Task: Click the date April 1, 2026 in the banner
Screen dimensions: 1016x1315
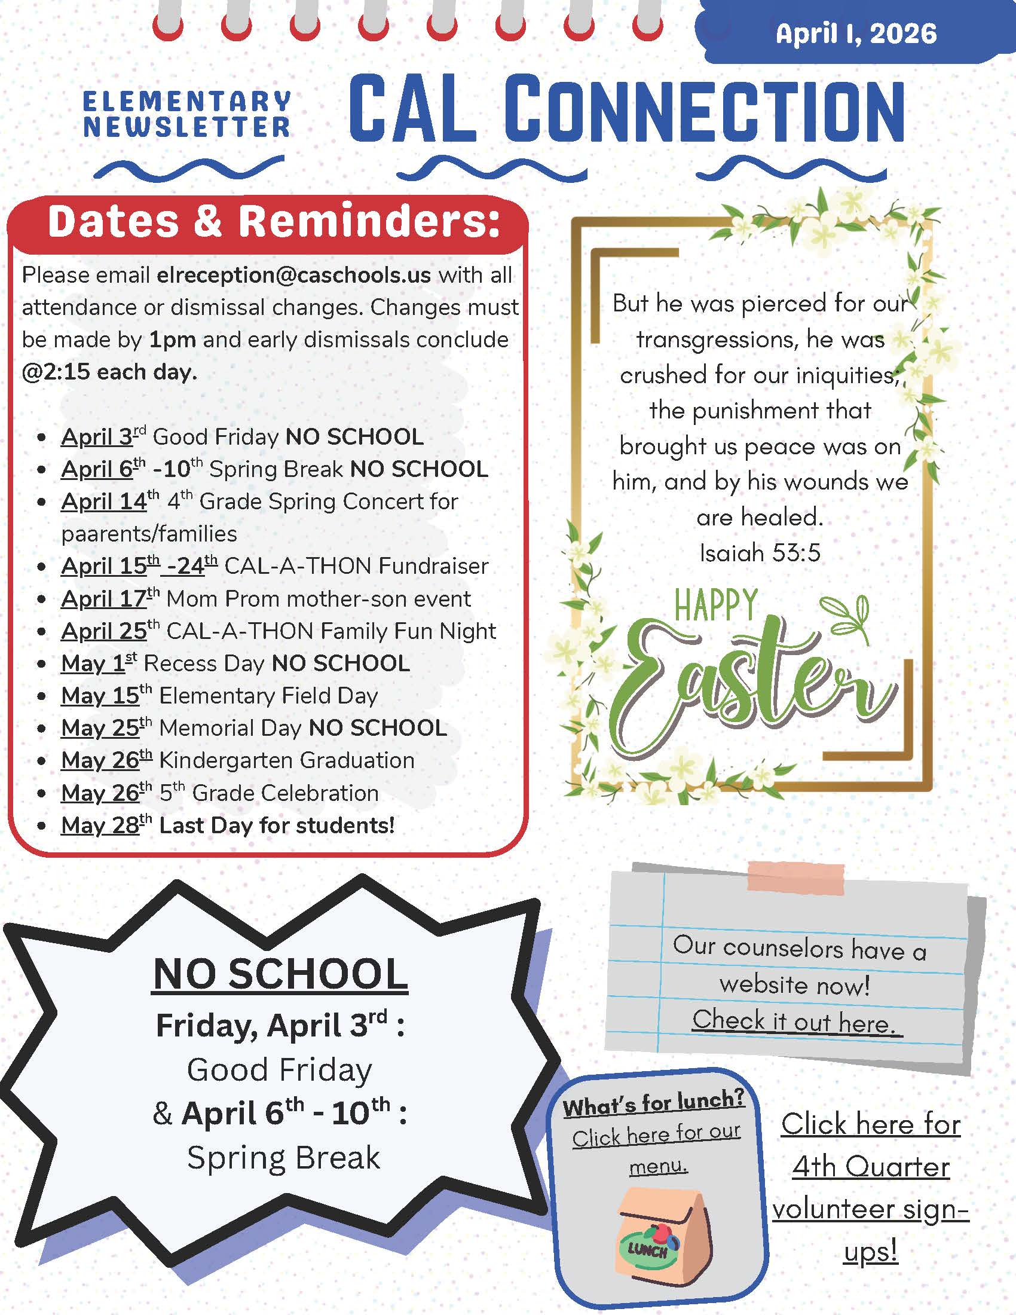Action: click(x=856, y=33)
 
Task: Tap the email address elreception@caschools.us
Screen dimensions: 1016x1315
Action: click(x=293, y=275)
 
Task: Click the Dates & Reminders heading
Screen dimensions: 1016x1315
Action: click(x=274, y=222)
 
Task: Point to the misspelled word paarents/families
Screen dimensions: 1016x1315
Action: click(x=149, y=534)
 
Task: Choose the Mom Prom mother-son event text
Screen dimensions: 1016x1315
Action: click(x=319, y=599)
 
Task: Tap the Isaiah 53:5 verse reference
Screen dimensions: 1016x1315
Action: click(x=760, y=553)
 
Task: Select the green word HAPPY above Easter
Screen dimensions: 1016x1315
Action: click(x=715, y=605)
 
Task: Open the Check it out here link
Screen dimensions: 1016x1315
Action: click(x=797, y=1022)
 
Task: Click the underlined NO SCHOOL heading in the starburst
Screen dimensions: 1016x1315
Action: click(x=280, y=974)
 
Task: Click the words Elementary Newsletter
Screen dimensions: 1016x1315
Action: click(x=186, y=114)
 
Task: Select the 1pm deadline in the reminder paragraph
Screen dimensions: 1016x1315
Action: click(x=172, y=340)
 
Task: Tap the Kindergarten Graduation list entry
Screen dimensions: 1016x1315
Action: click(x=286, y=760)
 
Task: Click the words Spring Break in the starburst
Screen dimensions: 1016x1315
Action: click(x=283, y=1157)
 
